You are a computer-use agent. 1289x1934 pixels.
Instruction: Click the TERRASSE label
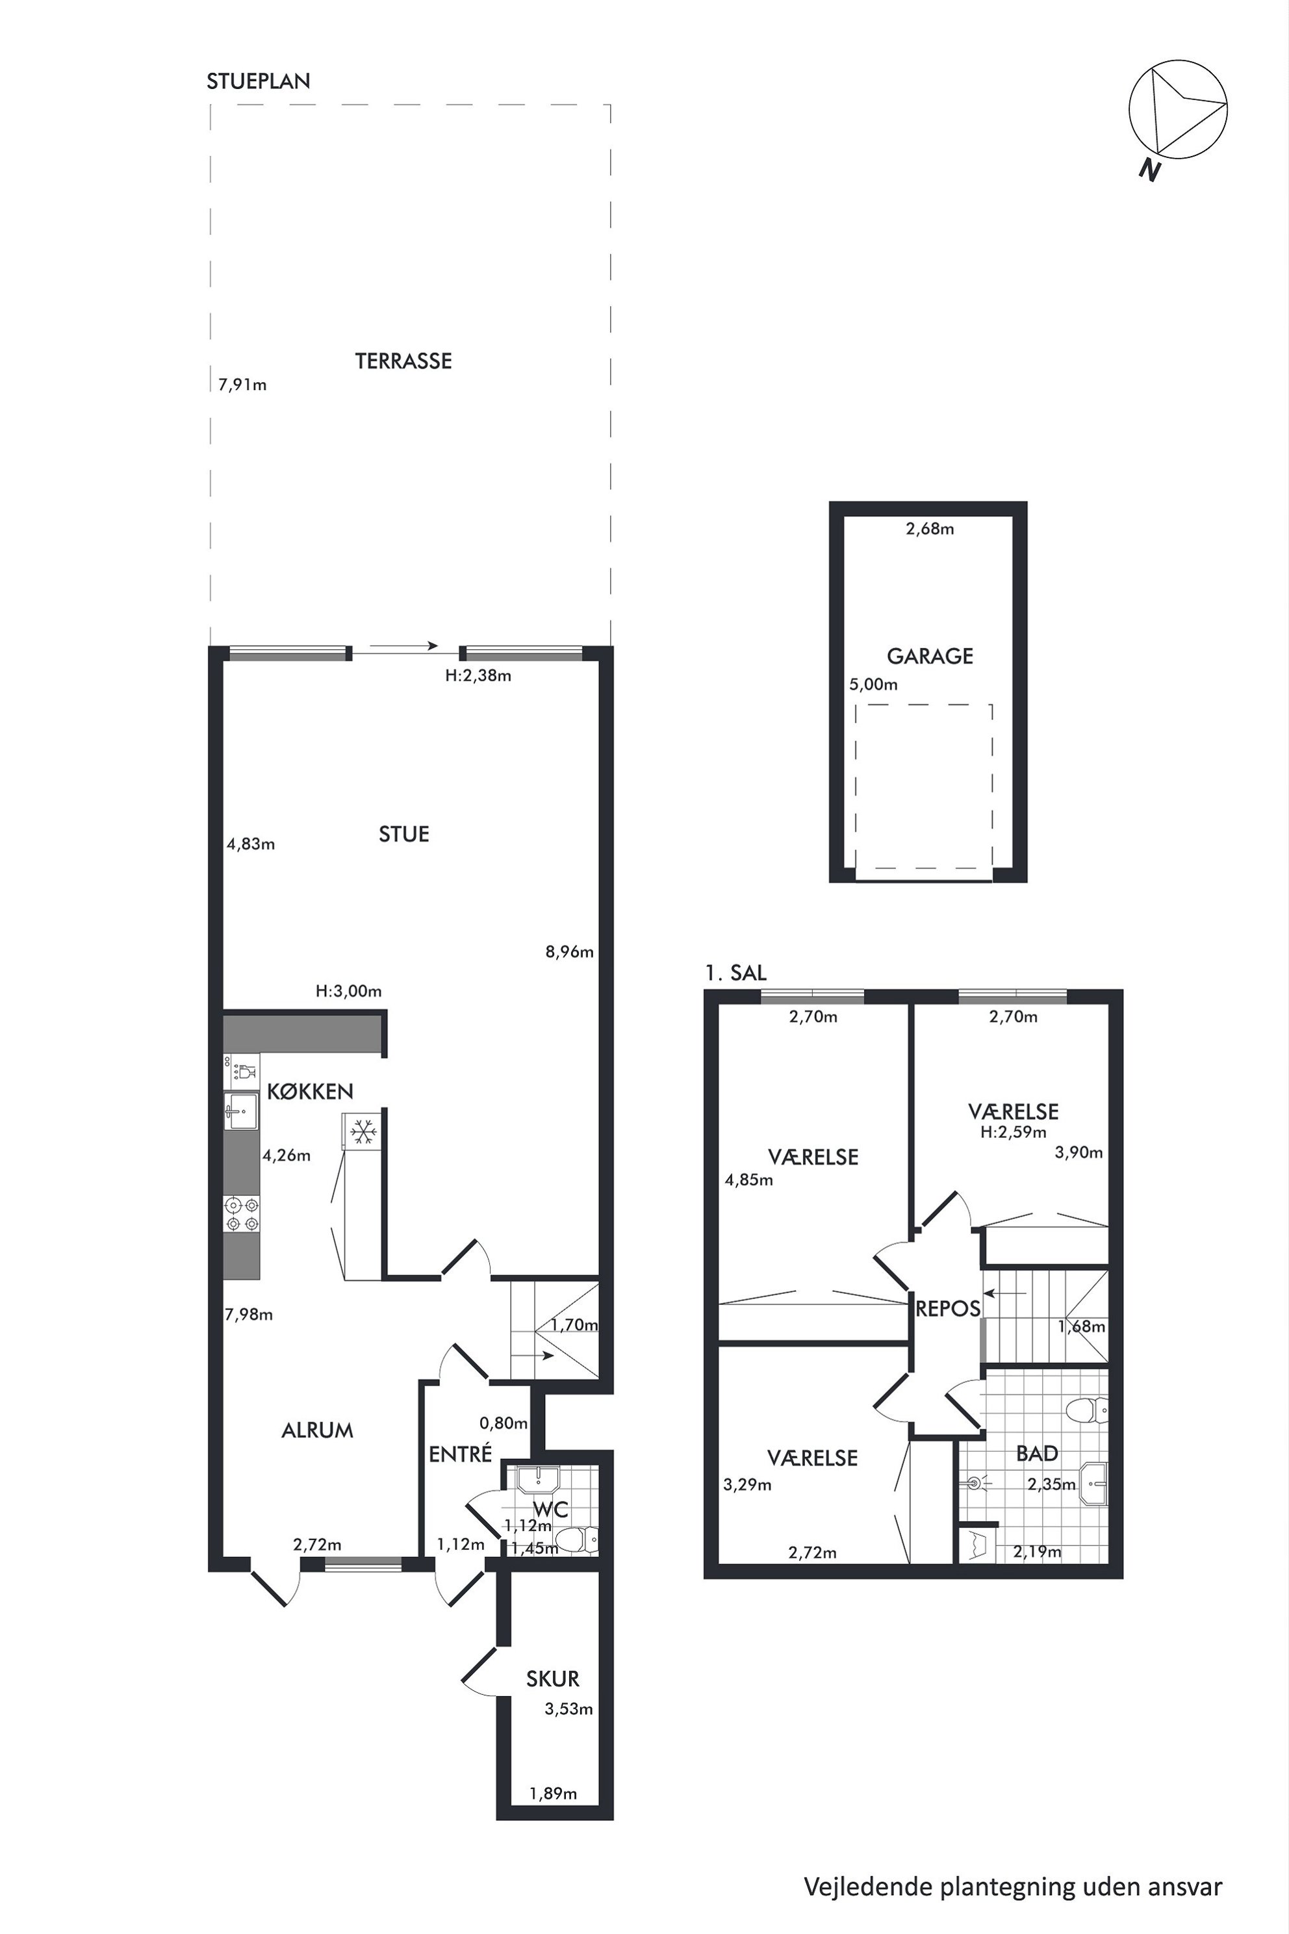[x=403, y=361]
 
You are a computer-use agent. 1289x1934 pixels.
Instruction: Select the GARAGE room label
[x=930, y=656]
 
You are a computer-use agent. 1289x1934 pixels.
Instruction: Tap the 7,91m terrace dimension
[x=242, y=385]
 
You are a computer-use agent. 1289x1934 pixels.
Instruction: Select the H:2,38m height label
[x=478, y=676]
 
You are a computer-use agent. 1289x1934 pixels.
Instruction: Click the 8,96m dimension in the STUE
[x=570, y=952]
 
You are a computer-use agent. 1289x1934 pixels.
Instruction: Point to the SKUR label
[x=552, y=1678]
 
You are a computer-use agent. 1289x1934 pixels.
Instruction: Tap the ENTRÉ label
[x=461, y=1454]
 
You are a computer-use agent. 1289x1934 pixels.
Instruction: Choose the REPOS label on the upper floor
[x=948, y=1309]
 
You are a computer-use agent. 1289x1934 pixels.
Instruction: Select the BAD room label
[x=1037, y=1454]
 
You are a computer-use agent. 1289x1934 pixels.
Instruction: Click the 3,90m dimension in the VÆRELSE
[x=1078, y=1153]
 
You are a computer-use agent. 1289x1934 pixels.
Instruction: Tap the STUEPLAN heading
[x=258, y=81]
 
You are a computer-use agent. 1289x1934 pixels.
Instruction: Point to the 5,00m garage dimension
[x=873, y=684]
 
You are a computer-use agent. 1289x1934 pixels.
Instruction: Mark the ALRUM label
[x=317, y=1431]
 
